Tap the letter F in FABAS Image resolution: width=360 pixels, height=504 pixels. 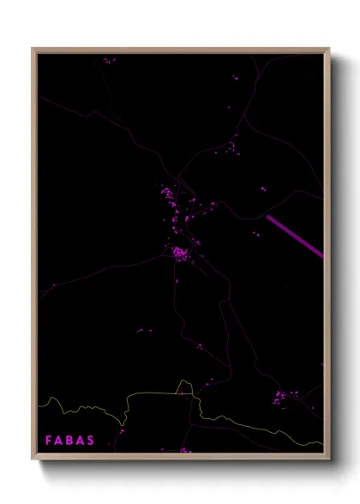(x=49, y=440)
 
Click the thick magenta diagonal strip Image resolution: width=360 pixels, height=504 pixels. (x=295, y=235)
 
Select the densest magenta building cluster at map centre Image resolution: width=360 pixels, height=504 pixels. (x=179, y=252)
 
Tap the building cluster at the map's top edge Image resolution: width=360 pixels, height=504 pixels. (x=108, y=61)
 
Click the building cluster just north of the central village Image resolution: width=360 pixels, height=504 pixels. (x=169, y=199)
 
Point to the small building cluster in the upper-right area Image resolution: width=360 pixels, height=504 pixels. (x=231, y=148)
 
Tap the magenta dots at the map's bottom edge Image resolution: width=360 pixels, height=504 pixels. (x=183, y=449)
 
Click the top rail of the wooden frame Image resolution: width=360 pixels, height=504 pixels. (x=180, y=50)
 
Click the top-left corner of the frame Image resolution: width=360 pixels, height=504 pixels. (x=35, y=50)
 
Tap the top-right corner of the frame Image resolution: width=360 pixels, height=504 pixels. (x=327, y=50)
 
